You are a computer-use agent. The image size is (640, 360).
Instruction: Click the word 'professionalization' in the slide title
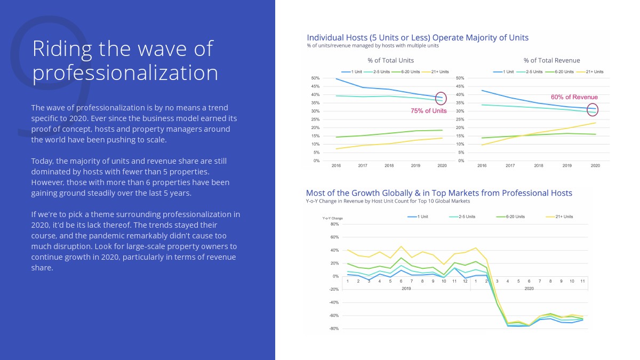pyautogui.click(x=125, y=73)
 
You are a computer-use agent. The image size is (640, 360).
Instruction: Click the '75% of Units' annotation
pyautogui.click(x=428, y=111)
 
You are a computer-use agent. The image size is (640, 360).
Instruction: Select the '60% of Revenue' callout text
pyautogui.click(x=574, y=97)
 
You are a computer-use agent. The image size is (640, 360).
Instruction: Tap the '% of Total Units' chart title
pyautogui.click(x=390, y=60)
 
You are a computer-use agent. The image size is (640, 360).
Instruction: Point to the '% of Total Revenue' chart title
pyautogui.click(x=551, y=60)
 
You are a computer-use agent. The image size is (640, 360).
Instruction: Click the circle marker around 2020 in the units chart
pyautogui.click(x=441, y=99)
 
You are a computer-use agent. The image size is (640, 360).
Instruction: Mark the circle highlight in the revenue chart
pyautogui.click(x=593, y=110)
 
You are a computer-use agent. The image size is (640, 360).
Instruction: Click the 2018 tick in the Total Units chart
pyautogui.click(x=389, y=166)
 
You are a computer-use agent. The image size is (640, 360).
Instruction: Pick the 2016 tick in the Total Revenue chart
pyautogui.click(x=482, y=166)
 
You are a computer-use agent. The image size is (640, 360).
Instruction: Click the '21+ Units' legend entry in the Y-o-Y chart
pyautogui.click(x=563, y=217)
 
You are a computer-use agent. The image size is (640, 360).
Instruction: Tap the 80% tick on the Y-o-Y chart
pyautogui.click(x=334, y=224)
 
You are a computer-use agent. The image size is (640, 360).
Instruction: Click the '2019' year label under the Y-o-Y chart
pyautogui.click(x=406, y=289)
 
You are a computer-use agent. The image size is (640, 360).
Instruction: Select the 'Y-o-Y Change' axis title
pyautogui.click(x=332, y=218)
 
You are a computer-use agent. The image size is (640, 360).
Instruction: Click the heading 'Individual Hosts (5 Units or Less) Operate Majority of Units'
pyautogui.click(x=418, y=37)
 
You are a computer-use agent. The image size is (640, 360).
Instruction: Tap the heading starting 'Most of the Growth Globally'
pyautogui.click(x=439, y=193)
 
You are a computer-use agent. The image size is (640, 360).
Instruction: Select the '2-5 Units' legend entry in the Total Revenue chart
pyautogui.click(x=533, y=71)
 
